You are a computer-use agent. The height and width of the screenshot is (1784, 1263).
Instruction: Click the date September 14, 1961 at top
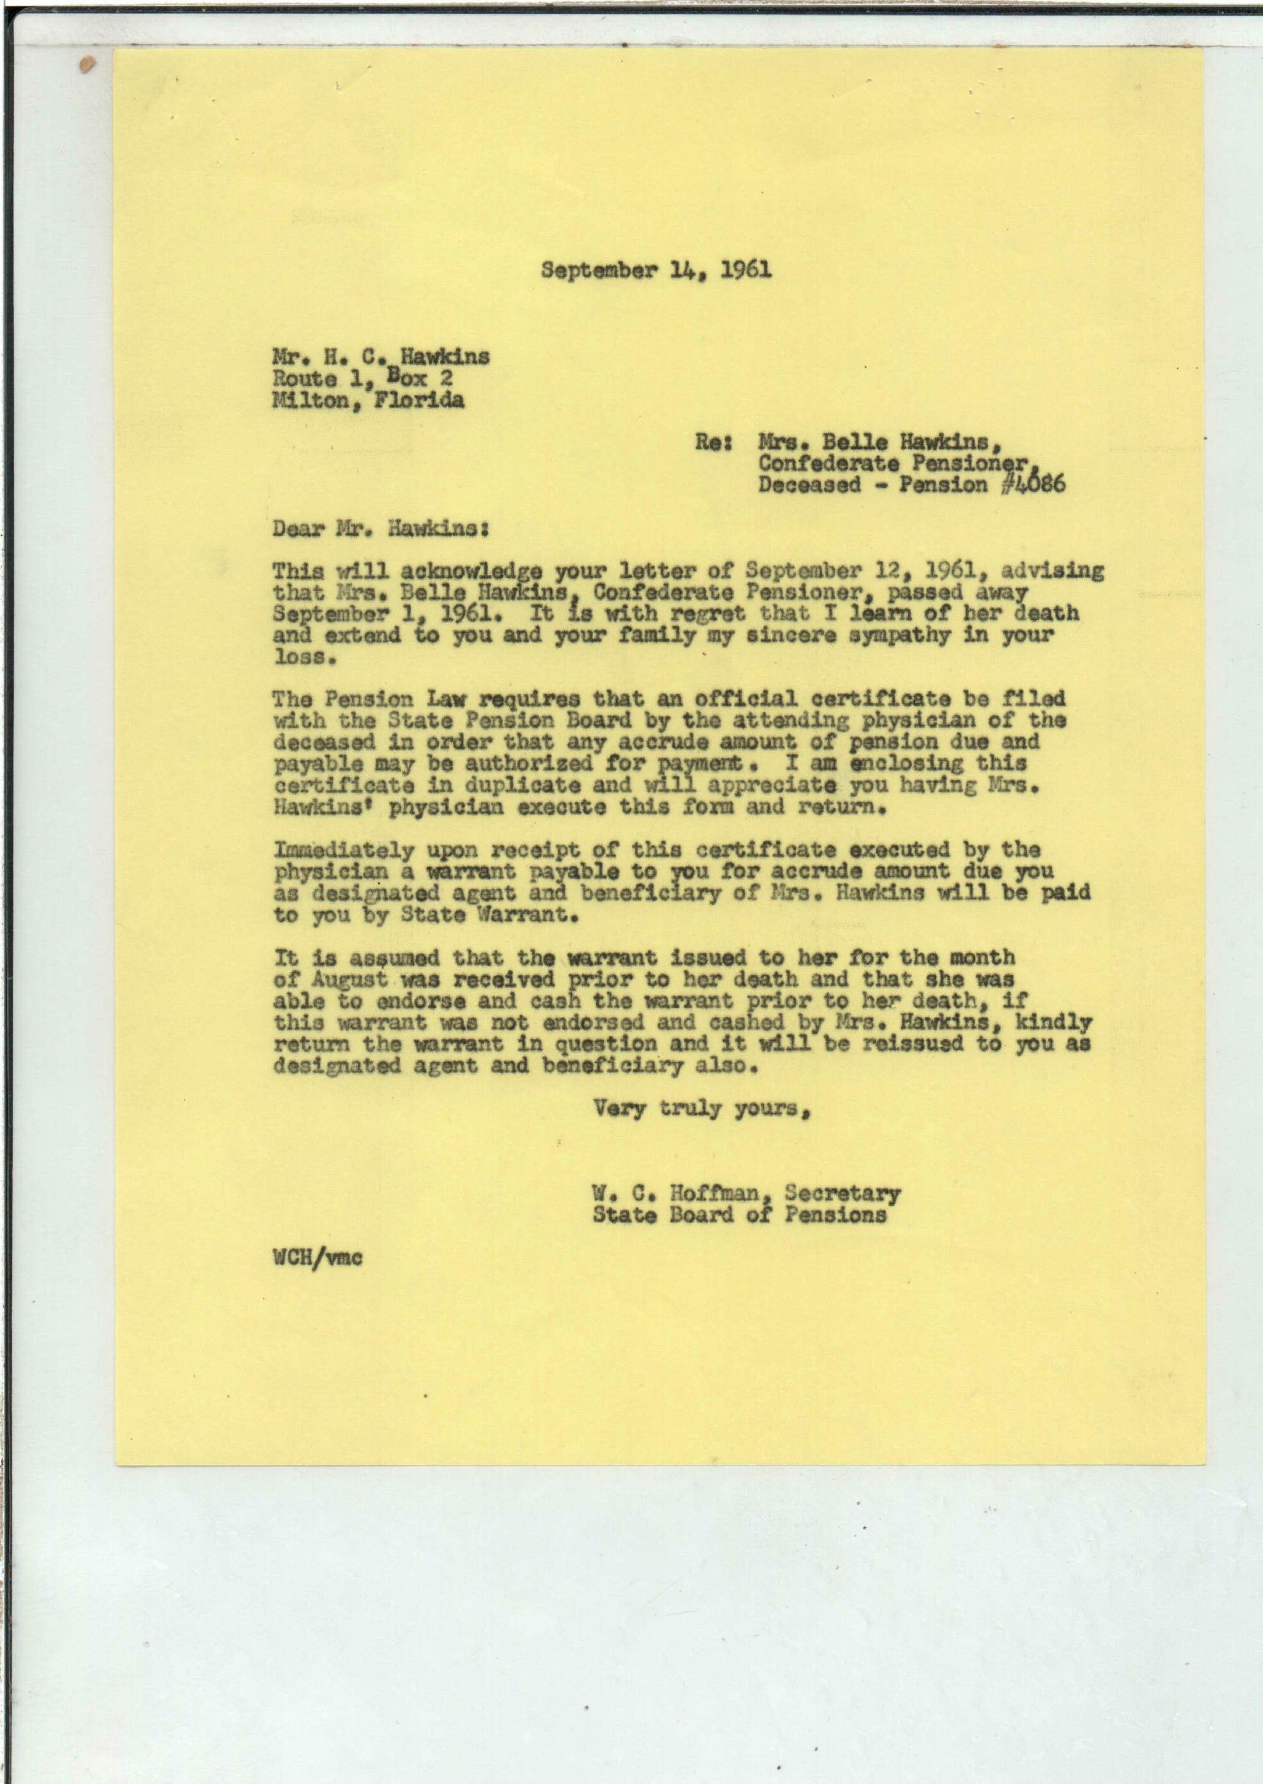click(x=657, y=270)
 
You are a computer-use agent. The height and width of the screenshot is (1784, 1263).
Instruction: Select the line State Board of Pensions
click(x=739, y=1214)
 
